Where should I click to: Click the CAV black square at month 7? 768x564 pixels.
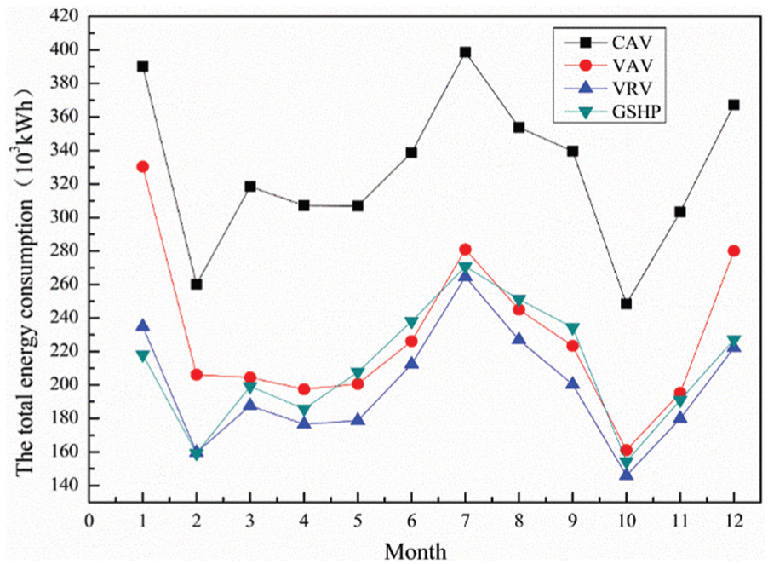pos(465,53)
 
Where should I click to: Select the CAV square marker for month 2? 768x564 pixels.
pos(197,285)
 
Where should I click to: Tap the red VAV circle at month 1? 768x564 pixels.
pos(142,167)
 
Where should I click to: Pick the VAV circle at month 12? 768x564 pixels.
pos(734,250)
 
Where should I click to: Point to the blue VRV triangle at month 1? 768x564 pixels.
pos(142,325)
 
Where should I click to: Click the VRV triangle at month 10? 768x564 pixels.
pos(627,474)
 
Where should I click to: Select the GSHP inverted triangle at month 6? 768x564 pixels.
pos(411,322)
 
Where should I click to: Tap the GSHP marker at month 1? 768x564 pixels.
pos(142,356)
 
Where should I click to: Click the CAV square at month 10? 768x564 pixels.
pos(627,304)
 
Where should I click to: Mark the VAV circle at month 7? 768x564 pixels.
pos(465,250)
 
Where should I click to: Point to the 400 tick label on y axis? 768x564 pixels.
pos(65,50)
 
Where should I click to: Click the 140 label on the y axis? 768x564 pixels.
pos(65,486)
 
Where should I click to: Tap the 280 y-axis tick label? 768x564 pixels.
pos(65,250)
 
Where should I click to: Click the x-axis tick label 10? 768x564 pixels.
pos(627,520)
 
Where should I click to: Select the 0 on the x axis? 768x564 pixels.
pos(89,520)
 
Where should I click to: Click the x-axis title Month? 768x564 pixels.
pos(416,552)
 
